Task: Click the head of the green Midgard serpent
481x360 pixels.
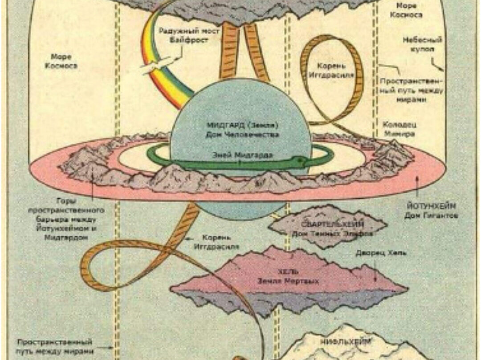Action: (298, 160)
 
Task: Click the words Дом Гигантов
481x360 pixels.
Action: (431, 216)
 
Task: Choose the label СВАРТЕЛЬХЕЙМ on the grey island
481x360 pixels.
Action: (327, 224)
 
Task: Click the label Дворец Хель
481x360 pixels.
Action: (381, 253)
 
